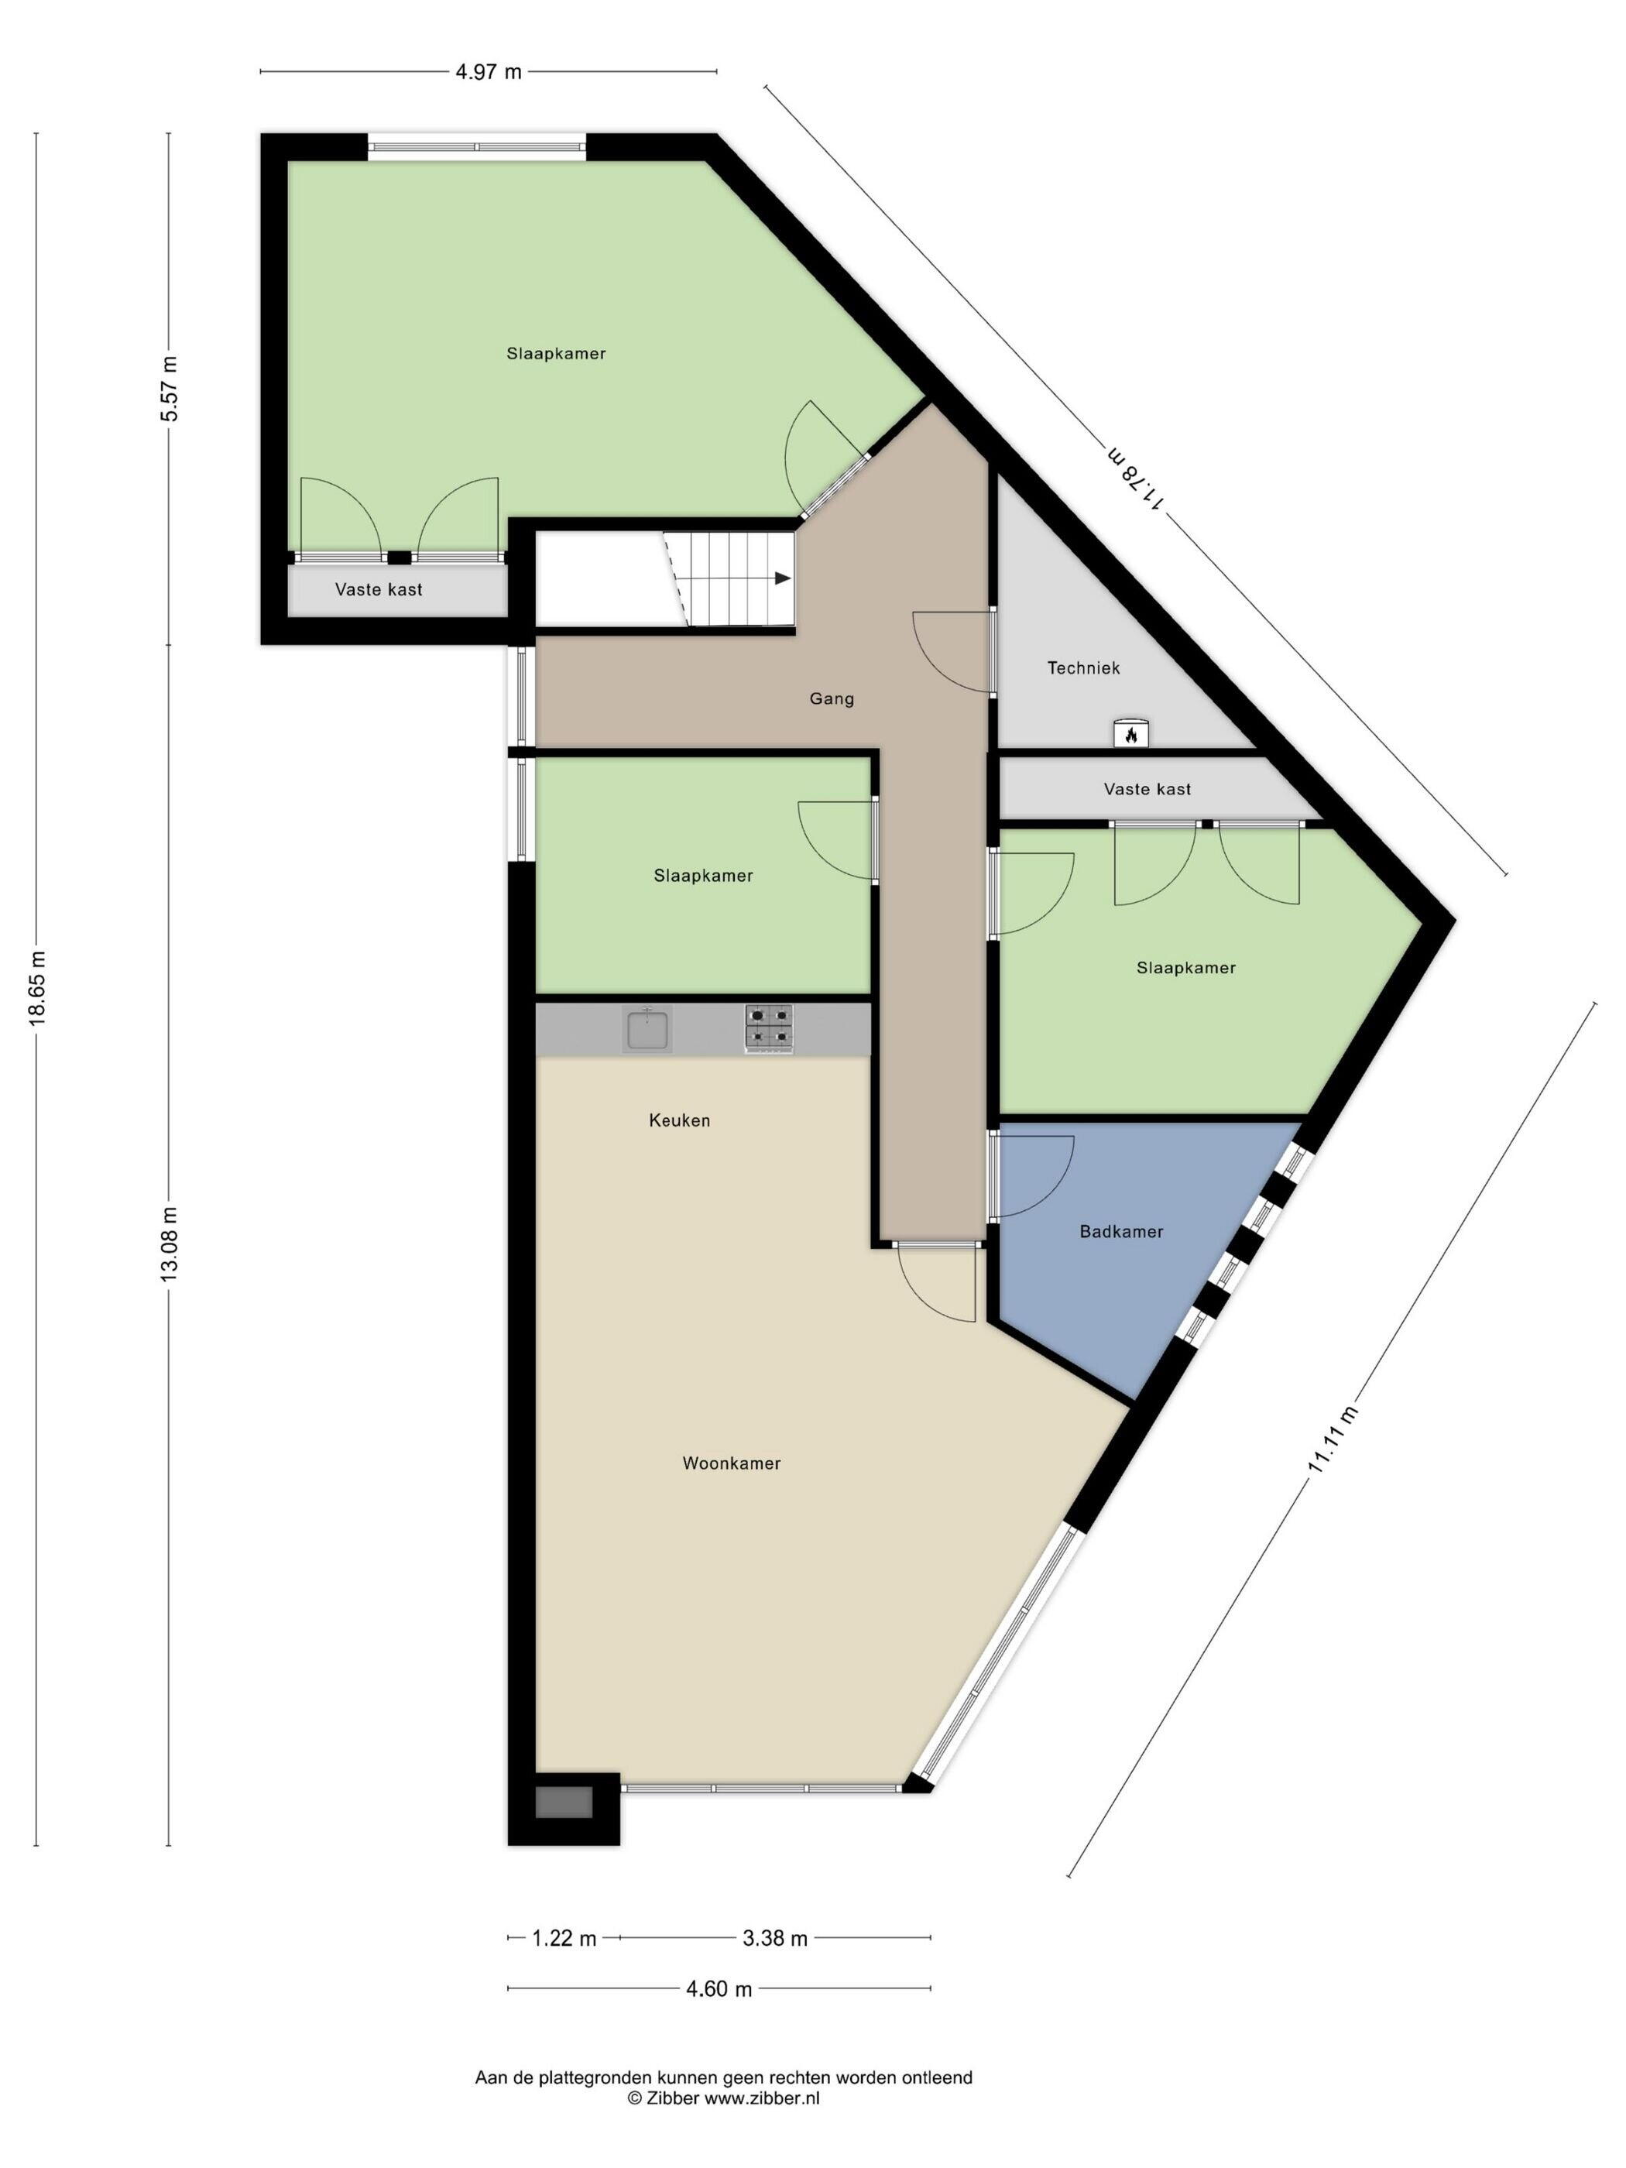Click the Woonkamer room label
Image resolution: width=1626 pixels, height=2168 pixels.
[x=731, y=1463]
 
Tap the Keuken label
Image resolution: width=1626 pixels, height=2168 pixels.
[x=679, y=1120]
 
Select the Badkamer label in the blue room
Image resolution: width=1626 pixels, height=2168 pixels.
[x=1121, y=1232]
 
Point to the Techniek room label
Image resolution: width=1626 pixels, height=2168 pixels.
[x=1083, y=668]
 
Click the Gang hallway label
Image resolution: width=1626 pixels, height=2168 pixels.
[x=831, y=699]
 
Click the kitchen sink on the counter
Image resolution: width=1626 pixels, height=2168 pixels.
[x=647, y=1030]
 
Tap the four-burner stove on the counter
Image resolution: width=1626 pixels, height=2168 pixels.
[x=770, y=1029]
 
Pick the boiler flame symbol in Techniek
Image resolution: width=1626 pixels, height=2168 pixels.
[x=1131, y=733]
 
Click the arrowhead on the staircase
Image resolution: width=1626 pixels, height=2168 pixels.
[x=782, y=578]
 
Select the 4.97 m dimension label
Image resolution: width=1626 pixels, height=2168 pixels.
[x=488, y=71]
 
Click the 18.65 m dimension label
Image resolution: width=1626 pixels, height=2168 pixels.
[x=37, y=989]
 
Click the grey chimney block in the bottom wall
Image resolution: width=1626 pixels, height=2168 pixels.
[x=564, y=1803]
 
